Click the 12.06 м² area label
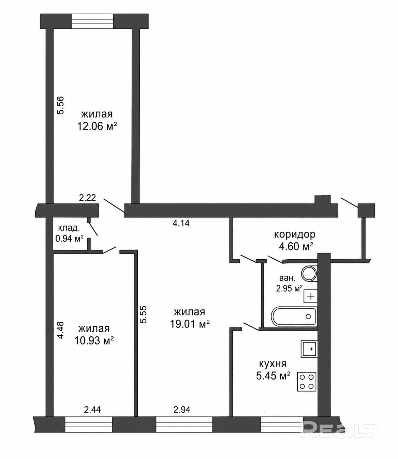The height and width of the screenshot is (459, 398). pyautogui.click(x=97, y=126)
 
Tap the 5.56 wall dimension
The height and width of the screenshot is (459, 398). pyautogui.click(x=60, y=105)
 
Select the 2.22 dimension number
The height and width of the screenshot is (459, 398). pyautogui.click(x=88, y=197)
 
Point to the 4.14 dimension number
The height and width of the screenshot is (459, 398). pyautogui.click(x=181, y=223)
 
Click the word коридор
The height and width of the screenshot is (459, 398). pyautogui.click(x=295, y=235)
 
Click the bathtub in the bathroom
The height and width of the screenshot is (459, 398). pyautogui.click(x=294, y=316)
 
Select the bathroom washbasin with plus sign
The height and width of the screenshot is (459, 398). pyautogui.click(x=311, y=296)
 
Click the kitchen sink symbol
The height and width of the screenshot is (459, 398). pyautogui.click(x=309, y=349)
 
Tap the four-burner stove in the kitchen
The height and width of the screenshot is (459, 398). pyautogui.click(x=307, y=382)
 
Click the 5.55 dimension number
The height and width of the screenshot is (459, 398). pyautogui.click(x=144, y=315)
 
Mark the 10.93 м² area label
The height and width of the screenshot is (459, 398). pyautogui.click(x=94, y=340)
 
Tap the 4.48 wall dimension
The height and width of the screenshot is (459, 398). pyautogui.click(x=60, y=330)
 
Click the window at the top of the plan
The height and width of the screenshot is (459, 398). pyautogui.click(x=93, y=21)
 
